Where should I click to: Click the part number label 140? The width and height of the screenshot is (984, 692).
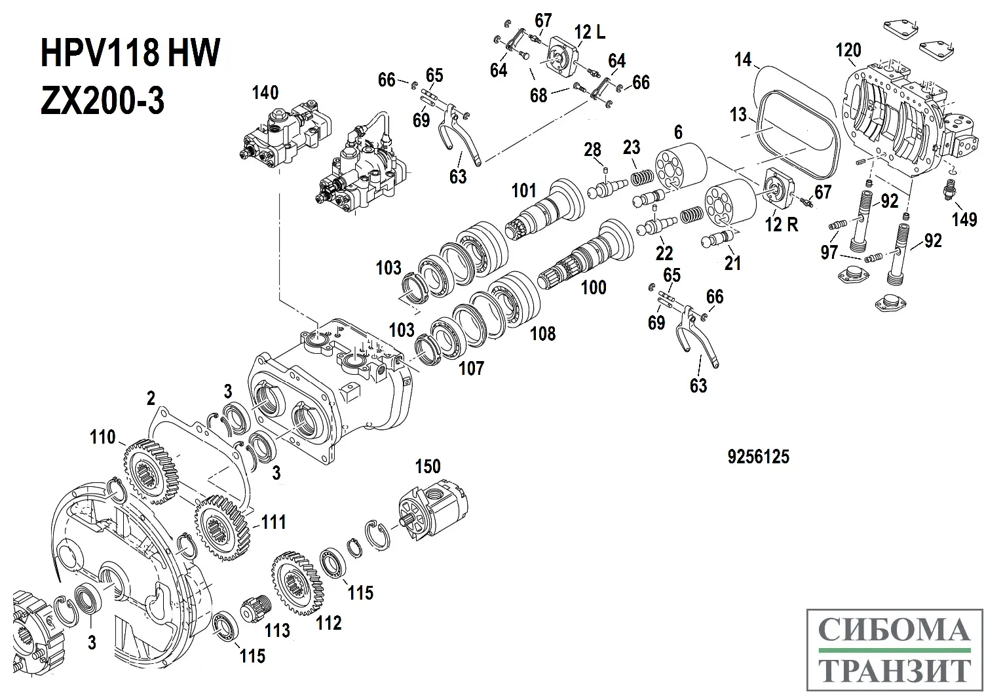click(265, 92)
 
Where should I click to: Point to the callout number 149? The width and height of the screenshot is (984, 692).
click(964, 219)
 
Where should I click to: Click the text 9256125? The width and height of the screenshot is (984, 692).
click(758, 457)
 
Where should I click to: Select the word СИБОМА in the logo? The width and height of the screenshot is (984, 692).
click(894, 630)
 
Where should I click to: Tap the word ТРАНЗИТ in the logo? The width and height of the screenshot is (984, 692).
click(894, 670)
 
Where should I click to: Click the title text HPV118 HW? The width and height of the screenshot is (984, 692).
click(130, 54)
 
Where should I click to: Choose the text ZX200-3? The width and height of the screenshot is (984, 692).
click(103, 102)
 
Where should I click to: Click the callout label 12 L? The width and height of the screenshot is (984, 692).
click(590, 33)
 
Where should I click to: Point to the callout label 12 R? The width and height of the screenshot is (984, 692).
click(782, 224)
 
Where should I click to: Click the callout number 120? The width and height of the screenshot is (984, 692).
click(848, 50)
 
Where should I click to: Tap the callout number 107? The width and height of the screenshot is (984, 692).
click(471, 368)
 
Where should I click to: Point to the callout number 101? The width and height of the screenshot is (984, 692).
click(524, 191)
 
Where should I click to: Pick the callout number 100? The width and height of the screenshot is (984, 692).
click(594, 288)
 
